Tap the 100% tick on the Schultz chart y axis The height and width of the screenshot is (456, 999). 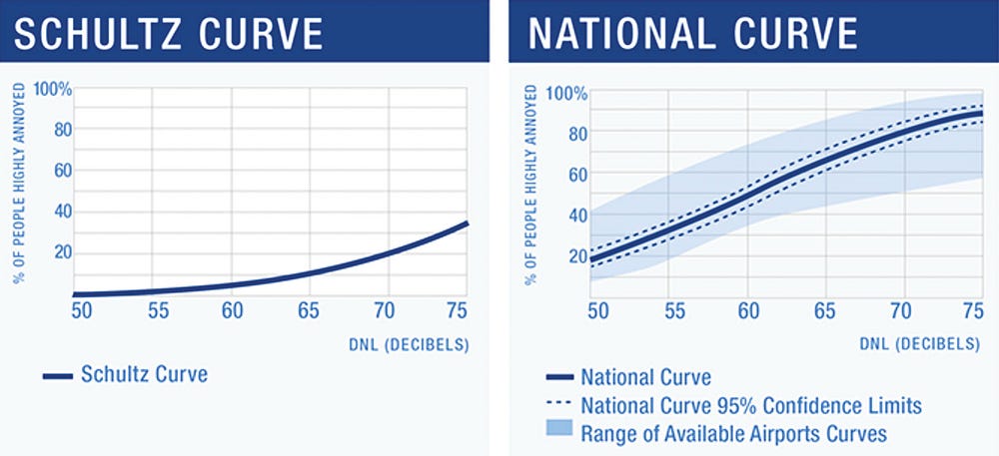54,89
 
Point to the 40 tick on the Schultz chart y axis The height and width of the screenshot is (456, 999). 62,211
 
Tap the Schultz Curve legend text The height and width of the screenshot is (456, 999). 145,376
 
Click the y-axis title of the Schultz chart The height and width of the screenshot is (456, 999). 19,184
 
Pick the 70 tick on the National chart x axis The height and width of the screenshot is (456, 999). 901,311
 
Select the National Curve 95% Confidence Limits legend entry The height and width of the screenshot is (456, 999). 750,406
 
